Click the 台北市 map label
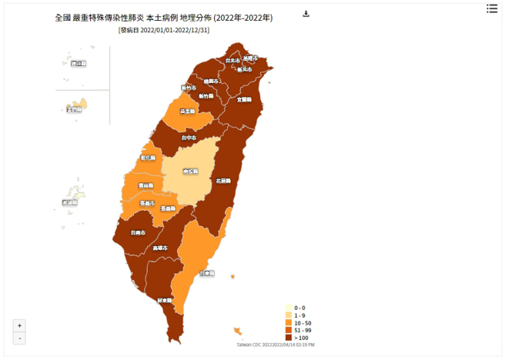(231, 60)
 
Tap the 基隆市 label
(250, 58)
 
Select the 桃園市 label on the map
(212, 81)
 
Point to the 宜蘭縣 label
(244, 99)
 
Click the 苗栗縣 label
(186, 112)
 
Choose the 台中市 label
(189, 138)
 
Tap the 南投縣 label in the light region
(190, 171)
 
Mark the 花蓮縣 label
(223, 182)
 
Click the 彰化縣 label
(148, 158)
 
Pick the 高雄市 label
(160, 248)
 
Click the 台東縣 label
(207, 273)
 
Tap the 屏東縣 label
(164, 300)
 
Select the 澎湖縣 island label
(70, 202)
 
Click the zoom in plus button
(19, 325)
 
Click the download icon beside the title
(306, 14)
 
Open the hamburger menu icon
(492, 8)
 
